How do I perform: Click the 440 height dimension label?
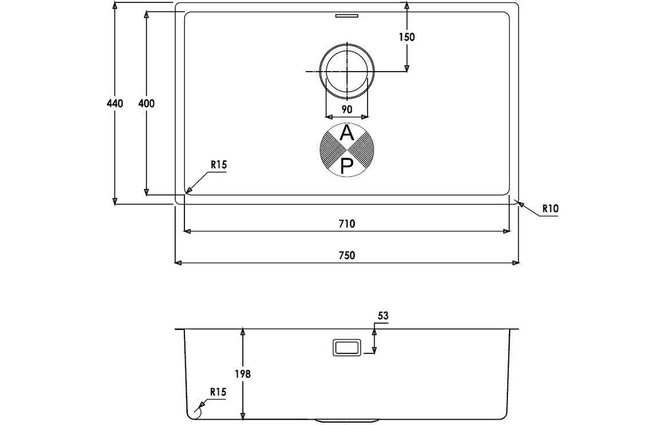[115, 103]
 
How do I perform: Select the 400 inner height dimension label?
[146, 103]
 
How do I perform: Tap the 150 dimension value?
[407, 37]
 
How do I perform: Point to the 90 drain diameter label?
[346, 110]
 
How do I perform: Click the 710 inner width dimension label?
[346, 223]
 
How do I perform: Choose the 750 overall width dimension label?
[346, 255]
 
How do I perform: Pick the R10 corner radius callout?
[550, 208]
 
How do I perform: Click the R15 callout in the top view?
[219, 165]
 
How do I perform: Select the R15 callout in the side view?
[218, 392]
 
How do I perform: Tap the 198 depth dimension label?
[243, 374]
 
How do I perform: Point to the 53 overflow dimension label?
[383, 316]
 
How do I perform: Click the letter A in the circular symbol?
[346, 133]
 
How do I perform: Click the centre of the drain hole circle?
[347, 71]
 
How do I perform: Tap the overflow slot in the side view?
[346, 347]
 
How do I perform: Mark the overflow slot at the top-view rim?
[346, 16]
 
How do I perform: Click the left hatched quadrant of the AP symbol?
[331, 150]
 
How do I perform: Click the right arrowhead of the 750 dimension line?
[516, 263]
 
